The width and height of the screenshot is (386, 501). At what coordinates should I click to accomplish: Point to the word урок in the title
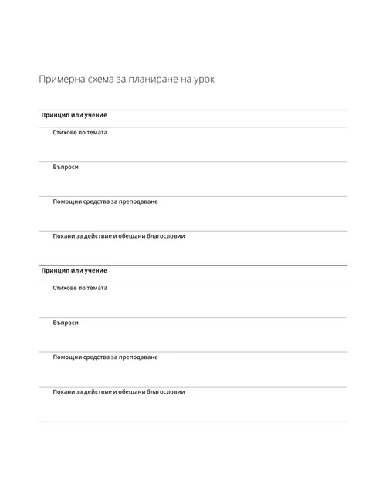tap(204, 79)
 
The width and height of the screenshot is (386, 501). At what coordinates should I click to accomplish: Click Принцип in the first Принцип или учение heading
tap(54, 115)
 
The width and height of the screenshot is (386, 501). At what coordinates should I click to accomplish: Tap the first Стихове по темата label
tap(80, 132)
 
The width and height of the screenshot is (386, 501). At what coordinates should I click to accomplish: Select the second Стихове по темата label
tap(80, 288)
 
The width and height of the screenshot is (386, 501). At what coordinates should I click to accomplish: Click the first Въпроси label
tap(66, 167)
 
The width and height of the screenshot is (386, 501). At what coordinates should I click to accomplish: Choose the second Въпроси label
tap(66, 323)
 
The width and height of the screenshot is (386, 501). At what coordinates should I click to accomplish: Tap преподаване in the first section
tap(137, 201)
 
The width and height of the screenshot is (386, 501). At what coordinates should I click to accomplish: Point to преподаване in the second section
tap(137, 357)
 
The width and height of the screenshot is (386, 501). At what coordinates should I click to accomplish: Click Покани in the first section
tap(64, 236)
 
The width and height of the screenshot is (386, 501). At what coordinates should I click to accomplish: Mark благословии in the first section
tap(165, 236)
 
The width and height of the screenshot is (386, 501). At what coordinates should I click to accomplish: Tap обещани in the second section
tap(130, 392)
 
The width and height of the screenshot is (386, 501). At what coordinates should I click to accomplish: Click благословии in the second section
tap(165, 392)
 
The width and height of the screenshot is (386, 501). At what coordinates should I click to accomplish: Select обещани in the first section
tap(130, 236)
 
